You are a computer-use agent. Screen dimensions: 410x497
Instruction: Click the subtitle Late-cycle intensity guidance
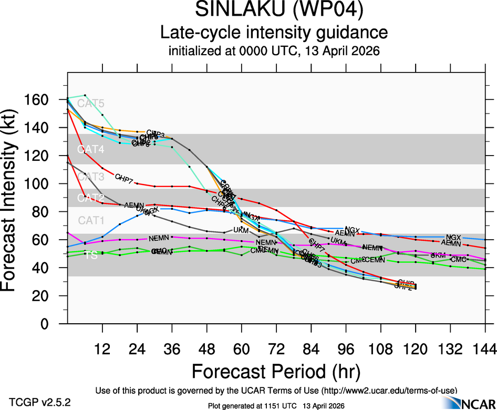tap(274, 33)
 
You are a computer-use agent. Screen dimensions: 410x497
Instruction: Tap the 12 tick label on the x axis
tap(102, 349)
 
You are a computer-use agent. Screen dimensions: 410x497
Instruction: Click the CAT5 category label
tap(91, 104)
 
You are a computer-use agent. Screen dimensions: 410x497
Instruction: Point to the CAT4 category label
tap(91, 150)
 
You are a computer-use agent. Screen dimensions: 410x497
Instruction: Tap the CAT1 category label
tap(91, 220)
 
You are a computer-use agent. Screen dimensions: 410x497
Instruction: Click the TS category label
tap(91, 255)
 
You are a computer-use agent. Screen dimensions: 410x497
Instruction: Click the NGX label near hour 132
tap(453, 238)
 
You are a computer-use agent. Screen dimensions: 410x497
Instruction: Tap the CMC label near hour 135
tap(459, 260)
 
